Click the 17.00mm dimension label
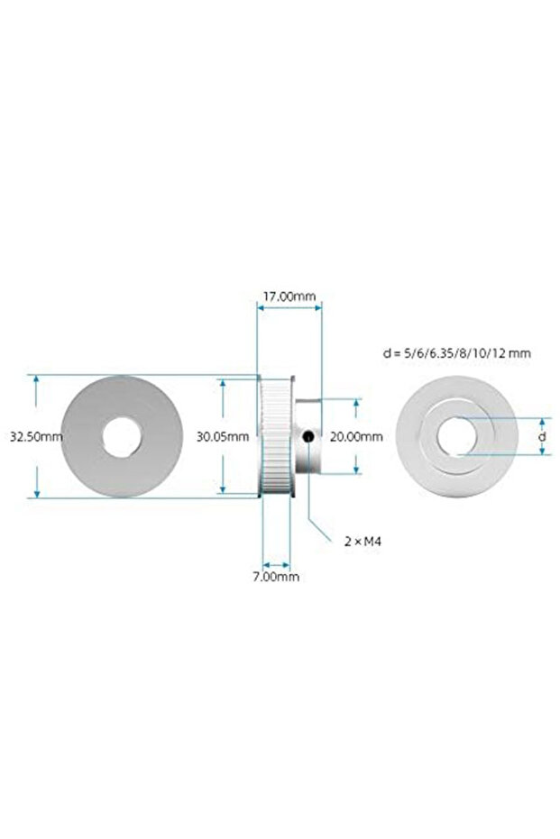point(289,295)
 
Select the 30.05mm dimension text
point(223,436)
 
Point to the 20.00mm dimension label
point(357,436)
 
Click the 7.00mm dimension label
point(276,576)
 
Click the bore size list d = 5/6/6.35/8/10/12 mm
point(456,353)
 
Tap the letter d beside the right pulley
point(541,436)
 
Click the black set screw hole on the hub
point(308,437)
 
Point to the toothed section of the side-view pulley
point(274,436)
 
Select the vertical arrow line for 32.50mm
point(36,397)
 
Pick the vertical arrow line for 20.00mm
point(357,410)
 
